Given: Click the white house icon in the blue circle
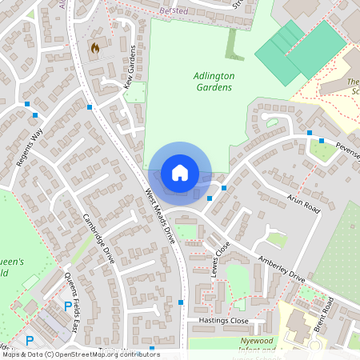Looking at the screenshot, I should (179, 173).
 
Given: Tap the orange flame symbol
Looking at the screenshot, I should (95, 49).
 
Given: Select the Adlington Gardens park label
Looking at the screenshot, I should (214, 81).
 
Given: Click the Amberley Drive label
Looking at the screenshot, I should (282, 270).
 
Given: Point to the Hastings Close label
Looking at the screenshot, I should (225, 320).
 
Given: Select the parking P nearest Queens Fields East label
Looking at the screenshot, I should (66, 306).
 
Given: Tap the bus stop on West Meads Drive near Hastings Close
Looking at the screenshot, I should (182, 302).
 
